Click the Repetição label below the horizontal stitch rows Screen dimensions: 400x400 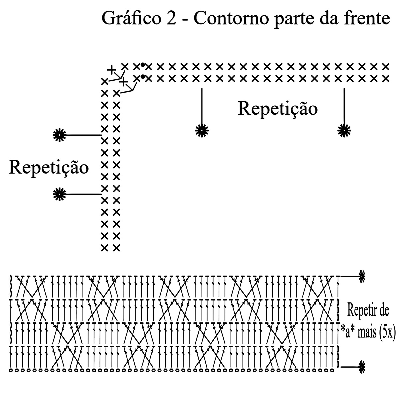point(277,109)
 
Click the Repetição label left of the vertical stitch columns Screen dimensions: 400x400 point(49,167)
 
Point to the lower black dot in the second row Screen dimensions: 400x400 point(142,77)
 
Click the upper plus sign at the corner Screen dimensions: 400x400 point(111,70)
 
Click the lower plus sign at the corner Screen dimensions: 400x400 point(124,81)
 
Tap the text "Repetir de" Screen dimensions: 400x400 point(368,311)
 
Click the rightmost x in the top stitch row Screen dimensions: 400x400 point(386,66)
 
